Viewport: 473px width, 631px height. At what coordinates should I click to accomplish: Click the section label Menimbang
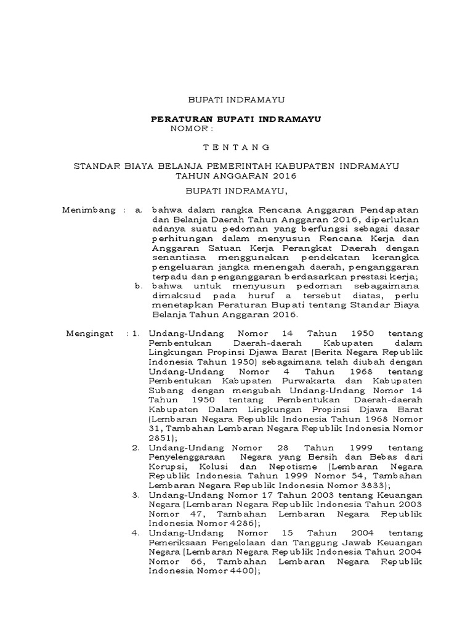click(x=89, y=210)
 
